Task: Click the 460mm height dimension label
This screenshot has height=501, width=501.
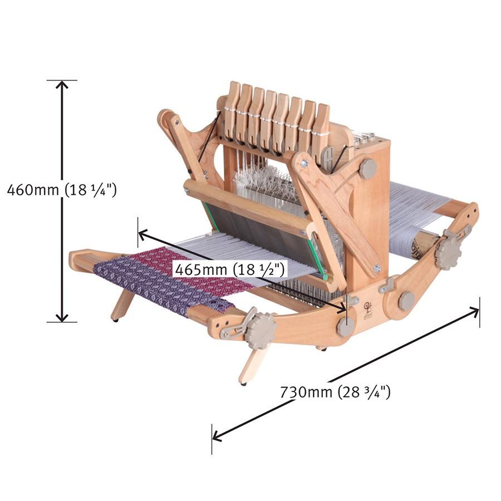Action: click(x=62, y=190)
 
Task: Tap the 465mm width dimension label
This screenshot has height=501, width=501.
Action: click(x=230, y=269)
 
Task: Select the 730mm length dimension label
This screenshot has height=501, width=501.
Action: click(x=335, y=392)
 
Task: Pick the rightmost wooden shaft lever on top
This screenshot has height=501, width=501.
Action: click(x=321, y=131)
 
